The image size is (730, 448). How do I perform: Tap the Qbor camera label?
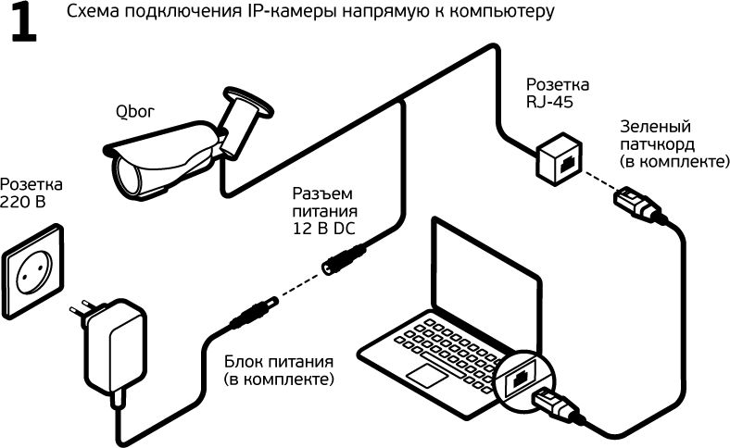tap(134, 113)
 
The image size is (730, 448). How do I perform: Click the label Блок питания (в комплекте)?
tap(278, 370)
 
